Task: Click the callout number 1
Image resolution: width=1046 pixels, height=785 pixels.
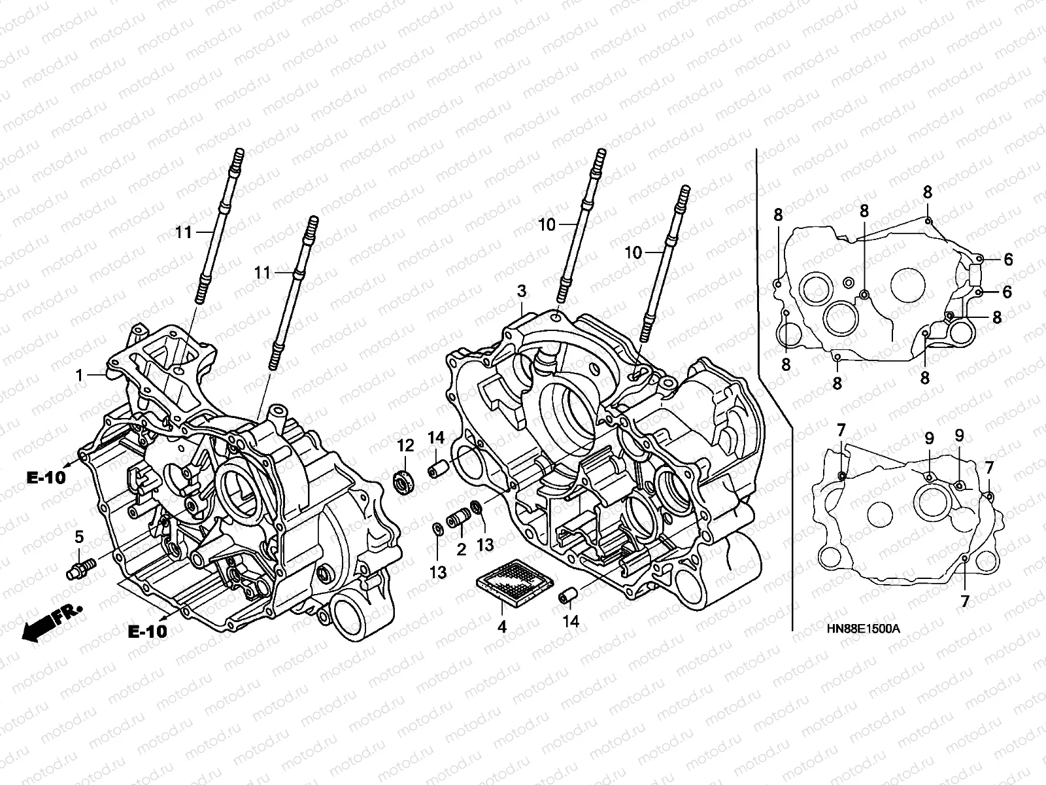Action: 79,375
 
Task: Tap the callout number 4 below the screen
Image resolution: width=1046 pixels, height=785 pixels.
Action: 501,627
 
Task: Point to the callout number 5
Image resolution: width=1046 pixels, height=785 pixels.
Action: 79,537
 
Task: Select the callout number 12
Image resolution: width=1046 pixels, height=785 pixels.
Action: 405,446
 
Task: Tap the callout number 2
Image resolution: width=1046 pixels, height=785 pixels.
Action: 462,549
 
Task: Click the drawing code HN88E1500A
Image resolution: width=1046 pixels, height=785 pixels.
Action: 863,628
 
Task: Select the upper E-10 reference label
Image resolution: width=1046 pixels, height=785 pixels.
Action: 46,478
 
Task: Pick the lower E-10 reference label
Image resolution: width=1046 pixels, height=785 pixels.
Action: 146,631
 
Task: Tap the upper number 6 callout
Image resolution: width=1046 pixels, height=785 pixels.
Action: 1007,260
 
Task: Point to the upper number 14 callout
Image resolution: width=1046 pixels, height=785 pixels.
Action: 436,437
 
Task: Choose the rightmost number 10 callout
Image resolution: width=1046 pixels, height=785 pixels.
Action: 633,253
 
